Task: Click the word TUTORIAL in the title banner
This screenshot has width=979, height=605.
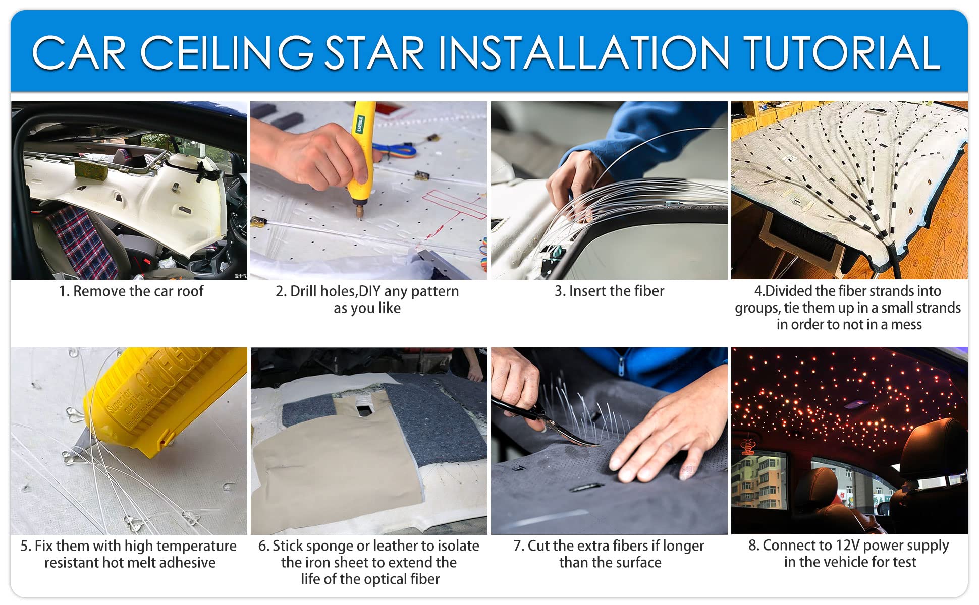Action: coord(841,53)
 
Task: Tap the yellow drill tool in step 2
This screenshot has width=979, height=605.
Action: coord(361,151)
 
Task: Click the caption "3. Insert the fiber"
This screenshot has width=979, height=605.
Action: coord(609,291)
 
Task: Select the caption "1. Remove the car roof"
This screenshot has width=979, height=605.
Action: coord(131,291)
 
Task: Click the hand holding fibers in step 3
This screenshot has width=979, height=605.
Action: coord(575,181)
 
